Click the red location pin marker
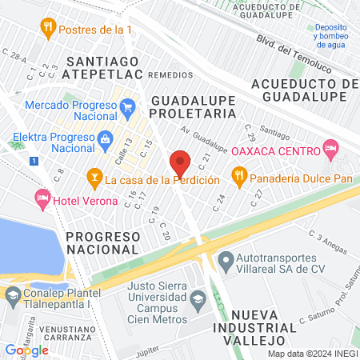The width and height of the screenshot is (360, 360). pos(181,163)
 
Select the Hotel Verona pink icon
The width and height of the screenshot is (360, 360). pos(40,197)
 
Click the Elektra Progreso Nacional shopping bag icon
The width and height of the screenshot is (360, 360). pos(106,139)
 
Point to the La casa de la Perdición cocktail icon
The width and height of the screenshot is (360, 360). pos(94,175)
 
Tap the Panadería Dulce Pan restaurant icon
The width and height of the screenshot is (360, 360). pos(238,174)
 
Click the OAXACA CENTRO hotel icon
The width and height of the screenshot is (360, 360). pos(330,148)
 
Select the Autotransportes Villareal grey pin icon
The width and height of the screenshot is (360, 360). pos(226,259)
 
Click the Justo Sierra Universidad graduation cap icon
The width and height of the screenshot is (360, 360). pos(198,301)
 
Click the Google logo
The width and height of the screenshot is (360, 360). pos(27,350)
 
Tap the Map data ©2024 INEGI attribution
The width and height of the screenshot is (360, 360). pos(312,353)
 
